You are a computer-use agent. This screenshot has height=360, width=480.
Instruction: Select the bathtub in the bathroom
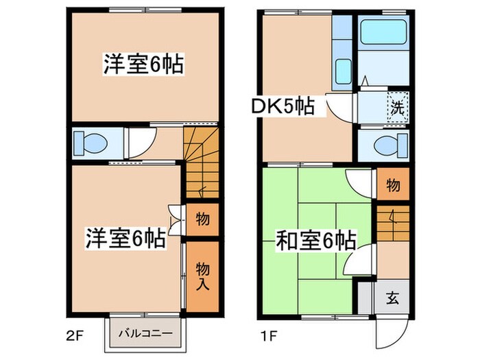click(x=383, y=33)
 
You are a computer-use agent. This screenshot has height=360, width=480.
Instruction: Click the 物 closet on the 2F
click(x=203, y=220)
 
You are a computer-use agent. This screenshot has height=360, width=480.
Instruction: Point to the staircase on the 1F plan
click(x=392, y=224)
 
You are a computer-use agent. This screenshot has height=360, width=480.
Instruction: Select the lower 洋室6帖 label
click(x=125, y=239)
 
